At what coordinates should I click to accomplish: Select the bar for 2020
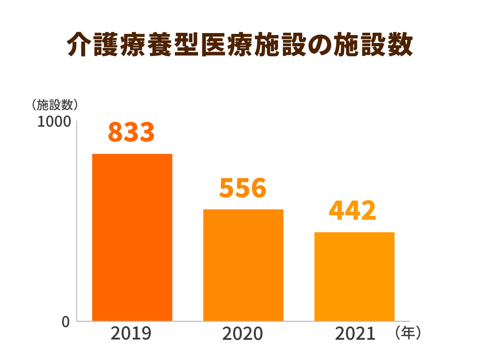coord(243,265)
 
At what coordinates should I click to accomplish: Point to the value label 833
coord(131,132)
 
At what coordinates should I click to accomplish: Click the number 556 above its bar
coord(243,188)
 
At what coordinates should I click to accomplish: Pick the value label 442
coord(352,211)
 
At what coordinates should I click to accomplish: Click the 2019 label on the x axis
coord(131,334)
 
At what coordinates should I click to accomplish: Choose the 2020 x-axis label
coord(242,334)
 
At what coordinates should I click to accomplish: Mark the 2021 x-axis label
coord(355,334)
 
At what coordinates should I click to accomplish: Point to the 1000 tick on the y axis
coord(54,122)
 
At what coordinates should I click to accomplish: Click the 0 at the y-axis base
coord(66,322)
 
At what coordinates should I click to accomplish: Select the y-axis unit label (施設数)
coord(55,105)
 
